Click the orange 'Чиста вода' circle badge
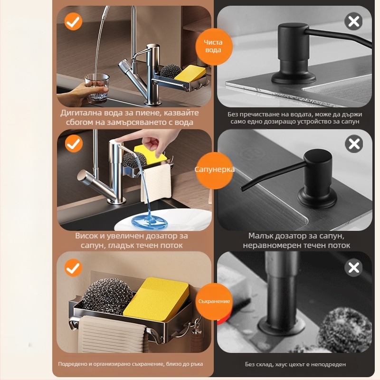click(x=213, y=46)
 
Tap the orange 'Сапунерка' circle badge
click(x=214, y=170)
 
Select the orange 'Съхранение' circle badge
click(x=214, y=301)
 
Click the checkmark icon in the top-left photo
click(x=74, y=21)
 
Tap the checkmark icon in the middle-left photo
click(x=74, y=143)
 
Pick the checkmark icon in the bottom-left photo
click(x=74, y=268)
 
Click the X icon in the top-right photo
click(x=353, y=21)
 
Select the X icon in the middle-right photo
click(x=354, y=144)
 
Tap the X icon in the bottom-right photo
click(x=353, y=267)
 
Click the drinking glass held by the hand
click(x=96, y=88)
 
